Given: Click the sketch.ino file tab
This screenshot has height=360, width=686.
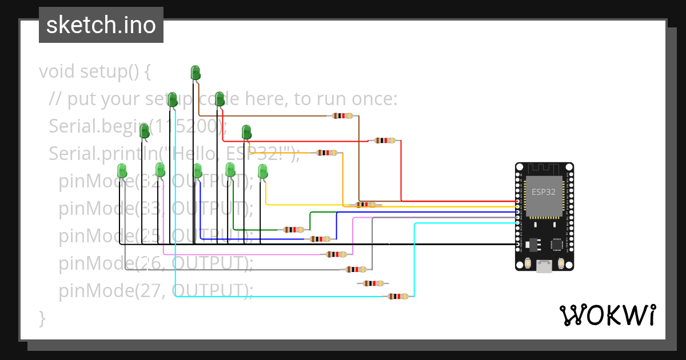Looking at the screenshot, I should click(101, 25).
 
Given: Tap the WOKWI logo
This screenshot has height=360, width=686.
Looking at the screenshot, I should click(607, 315).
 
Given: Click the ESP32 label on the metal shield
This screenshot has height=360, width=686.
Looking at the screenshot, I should click(543, 192).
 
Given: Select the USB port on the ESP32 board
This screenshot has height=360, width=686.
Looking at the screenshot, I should click(544, 266).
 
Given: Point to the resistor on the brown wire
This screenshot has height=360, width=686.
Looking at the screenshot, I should click(342, 116).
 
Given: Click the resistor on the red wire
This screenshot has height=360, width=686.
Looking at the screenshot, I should click(385, 141).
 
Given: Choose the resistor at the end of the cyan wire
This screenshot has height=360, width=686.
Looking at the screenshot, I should click(398, 297).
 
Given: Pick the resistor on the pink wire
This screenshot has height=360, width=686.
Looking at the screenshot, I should click(336, 254).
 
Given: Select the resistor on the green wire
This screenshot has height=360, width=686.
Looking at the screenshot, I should click(294, 230).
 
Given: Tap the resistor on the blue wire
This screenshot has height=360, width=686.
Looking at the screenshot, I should click(320, 239).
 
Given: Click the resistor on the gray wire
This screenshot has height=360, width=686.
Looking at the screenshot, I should click(356, 269).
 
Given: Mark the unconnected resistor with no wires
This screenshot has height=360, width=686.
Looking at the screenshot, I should click(373, 283).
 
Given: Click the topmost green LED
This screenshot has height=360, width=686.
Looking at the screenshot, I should click(195, 73).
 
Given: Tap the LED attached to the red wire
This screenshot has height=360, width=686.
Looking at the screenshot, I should click(219, 99).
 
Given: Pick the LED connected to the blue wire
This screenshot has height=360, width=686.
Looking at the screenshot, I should click(197, 170).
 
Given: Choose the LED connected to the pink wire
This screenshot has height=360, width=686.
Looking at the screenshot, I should click(160, 170).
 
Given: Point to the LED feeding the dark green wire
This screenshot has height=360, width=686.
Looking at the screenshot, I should click(230, 169).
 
